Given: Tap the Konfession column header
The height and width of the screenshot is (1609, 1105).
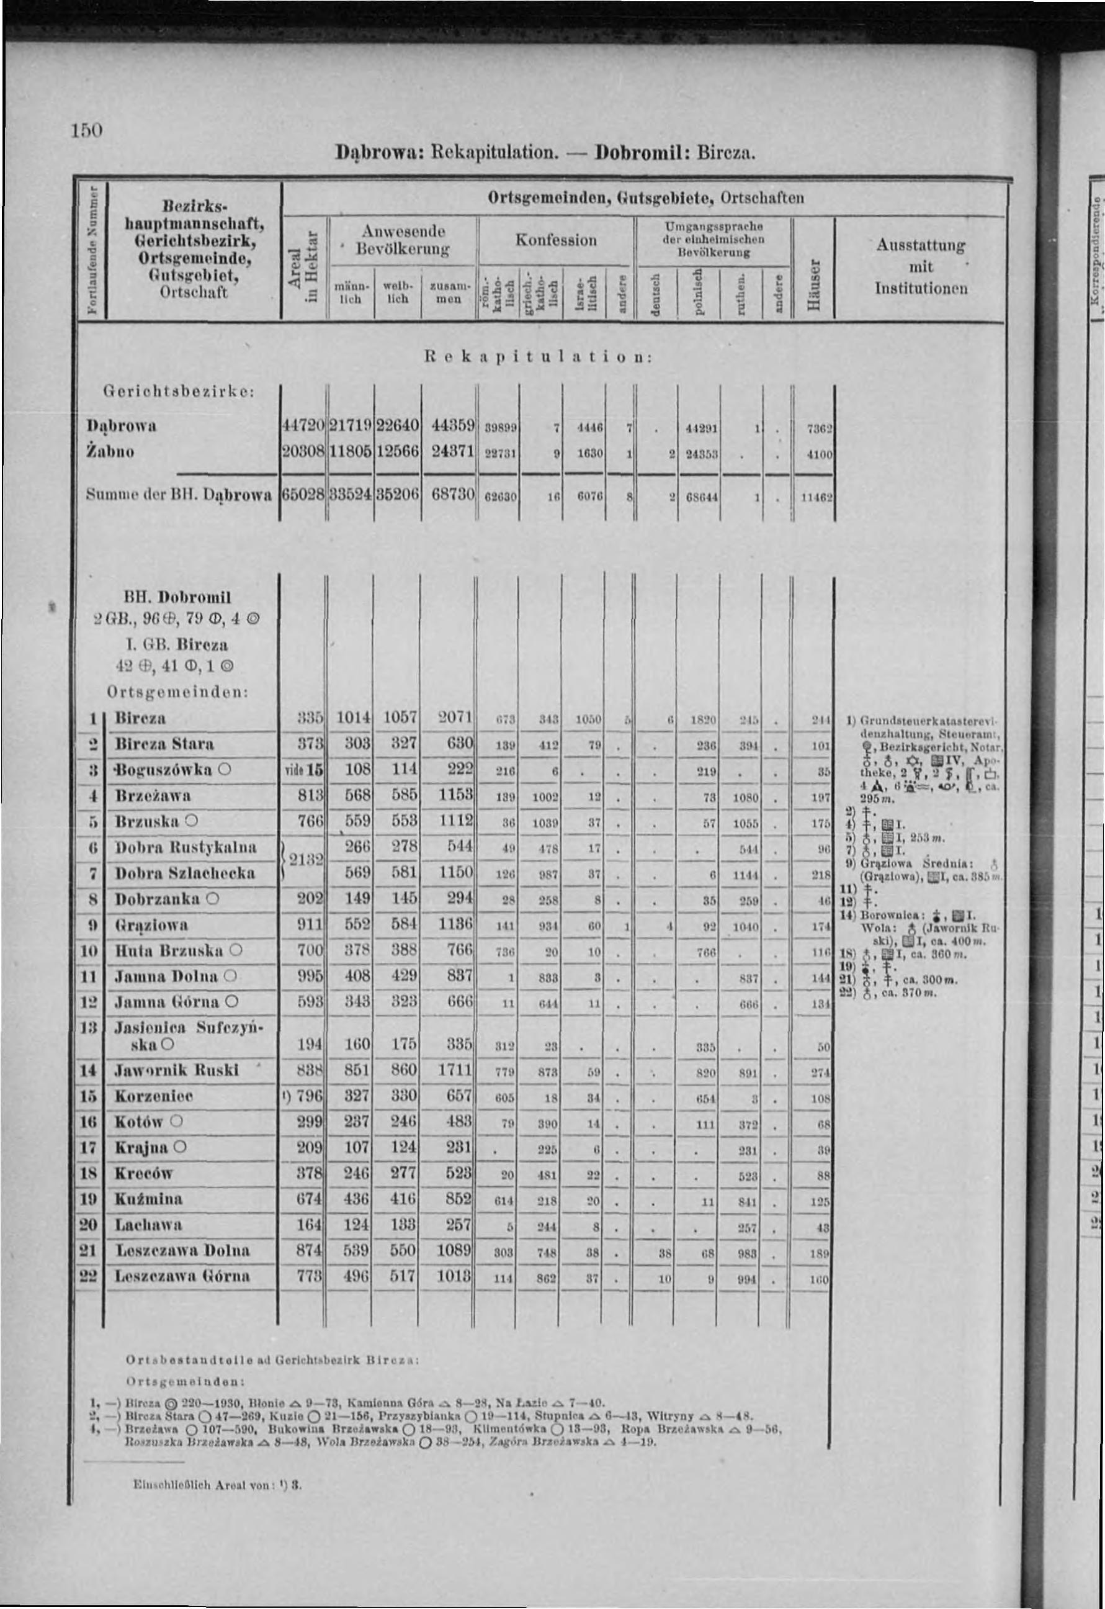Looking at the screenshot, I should pos(556,240).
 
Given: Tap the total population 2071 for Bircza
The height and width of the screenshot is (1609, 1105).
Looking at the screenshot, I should pos(454,717).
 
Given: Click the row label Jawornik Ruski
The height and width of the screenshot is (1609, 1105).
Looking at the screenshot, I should pos(177,1070).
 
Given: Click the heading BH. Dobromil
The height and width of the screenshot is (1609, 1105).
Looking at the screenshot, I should pos(177,597).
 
